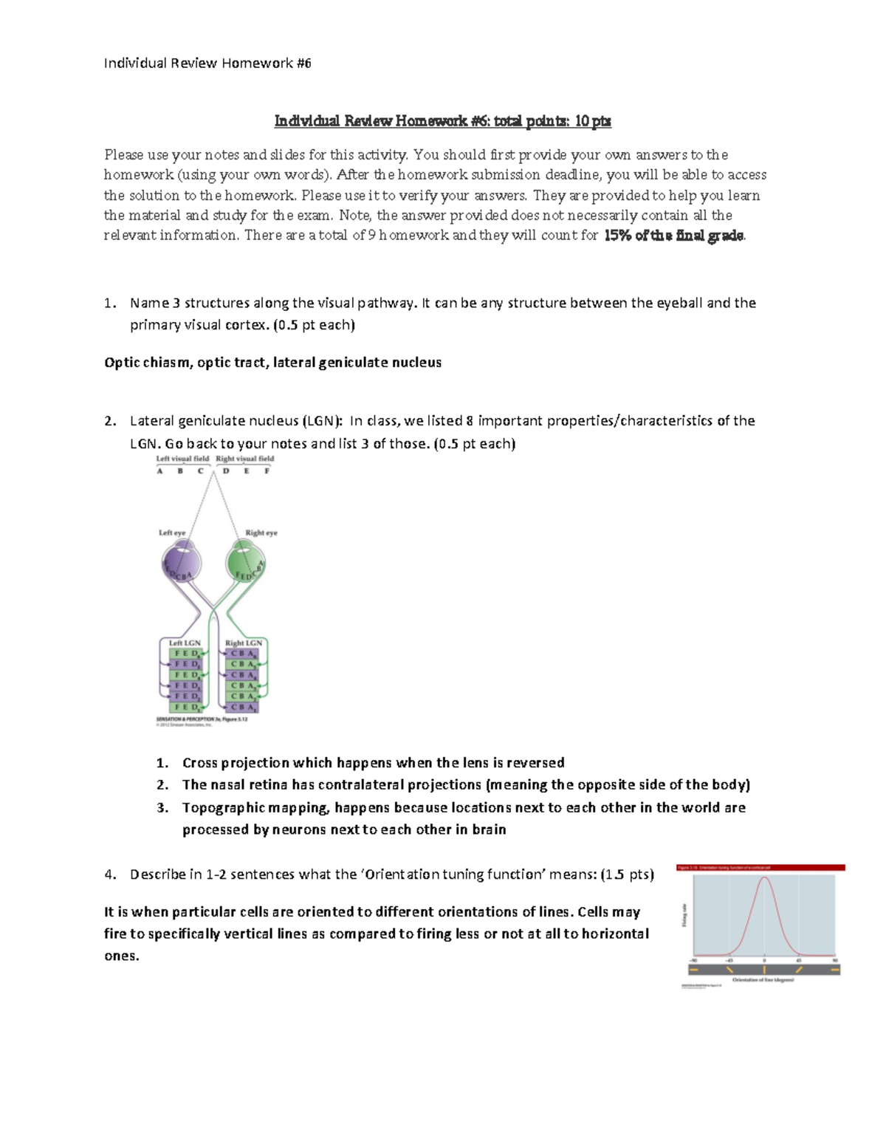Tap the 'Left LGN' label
click(x=185, y=643)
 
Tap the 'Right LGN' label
click(x=243, y=643)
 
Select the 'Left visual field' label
click(x=182, y=459)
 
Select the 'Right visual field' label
click(x=244, y=459)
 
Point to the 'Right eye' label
click(x=261, y=533)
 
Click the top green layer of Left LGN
click(x=185, y=654)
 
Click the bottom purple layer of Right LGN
click(x=243, y=708)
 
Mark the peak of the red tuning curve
click(x=764, y=878)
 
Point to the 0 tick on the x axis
click(x=764, y=960)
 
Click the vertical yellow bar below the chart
click(x=764, y=970)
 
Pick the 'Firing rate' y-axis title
click(x=684, y=917)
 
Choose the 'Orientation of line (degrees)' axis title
click(x=763, y=980)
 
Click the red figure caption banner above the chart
click(x=760, y=868)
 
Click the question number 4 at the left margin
click(x=109, y=874)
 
